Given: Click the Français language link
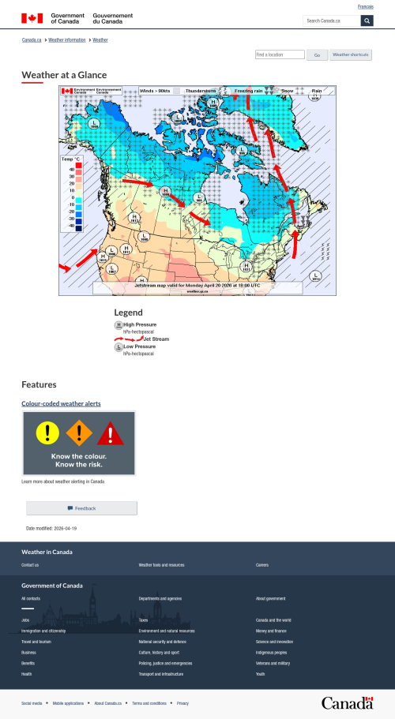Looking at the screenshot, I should click(x=366, y=6).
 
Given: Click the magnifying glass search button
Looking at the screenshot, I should click(x=367, y=21).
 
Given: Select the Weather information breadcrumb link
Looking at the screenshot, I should click(x=67, y=39).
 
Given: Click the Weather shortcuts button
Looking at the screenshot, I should click(x=350, y=55).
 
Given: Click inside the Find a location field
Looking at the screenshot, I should click(x=280, y=55).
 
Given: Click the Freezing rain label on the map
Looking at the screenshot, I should click(x=248, y=91).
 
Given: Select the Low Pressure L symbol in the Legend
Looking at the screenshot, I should click(x=118, y=346).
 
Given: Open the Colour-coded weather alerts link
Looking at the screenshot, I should click(x=61, y=404).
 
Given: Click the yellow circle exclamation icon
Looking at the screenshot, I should click(x=47, y=432).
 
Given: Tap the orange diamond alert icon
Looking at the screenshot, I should click(x=78, y=433).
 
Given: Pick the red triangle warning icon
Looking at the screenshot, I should click(x=111, y=433).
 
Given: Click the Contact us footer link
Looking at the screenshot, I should click(x=30, y=565).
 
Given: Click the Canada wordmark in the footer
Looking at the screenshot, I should click(x=347, y=702).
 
